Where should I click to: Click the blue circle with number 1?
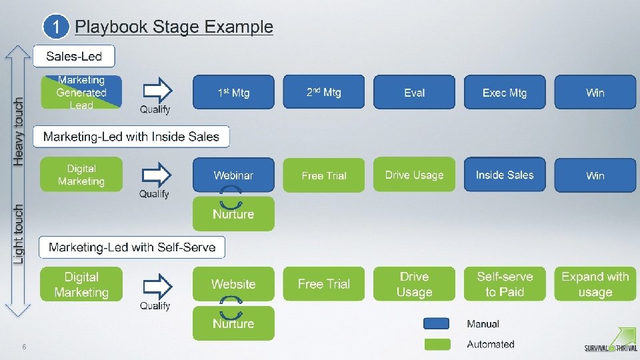click(x=56, y=27)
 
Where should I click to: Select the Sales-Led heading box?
click(x=74, y=56)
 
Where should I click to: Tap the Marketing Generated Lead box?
click(x=81, y=92)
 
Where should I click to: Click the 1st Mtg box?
click(x=233, y=92)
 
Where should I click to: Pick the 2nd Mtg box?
click(x=324, y=92)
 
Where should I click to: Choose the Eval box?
click(x=414, y=92)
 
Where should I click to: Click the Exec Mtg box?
click(x=505, y=92)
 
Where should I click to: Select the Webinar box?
click(x=233, y=175)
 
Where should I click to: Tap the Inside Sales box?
click(x=505, y=175)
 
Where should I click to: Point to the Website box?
click(x=233, y=284)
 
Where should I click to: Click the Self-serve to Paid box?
click(x=505, y=284)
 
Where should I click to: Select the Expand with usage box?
click(x=595, y=284)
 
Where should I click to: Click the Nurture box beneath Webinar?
click(x=233, y=214)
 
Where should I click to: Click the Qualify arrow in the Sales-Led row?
click(x=157, y=90)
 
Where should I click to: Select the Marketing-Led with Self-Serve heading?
click(x=132, y=247)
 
